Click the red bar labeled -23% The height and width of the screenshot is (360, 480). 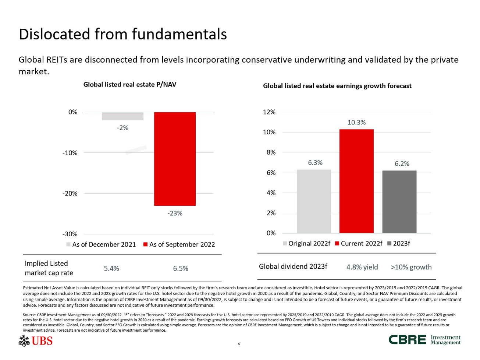tap(175, 159)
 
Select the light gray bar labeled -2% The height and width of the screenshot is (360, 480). tap(122, 116)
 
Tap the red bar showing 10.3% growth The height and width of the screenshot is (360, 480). tap(356, 181)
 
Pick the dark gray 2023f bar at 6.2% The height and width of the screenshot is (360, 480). tap(399, 202)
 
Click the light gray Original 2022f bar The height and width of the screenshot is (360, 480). tap(314, 201)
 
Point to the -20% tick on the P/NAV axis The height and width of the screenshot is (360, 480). tap(70, 194)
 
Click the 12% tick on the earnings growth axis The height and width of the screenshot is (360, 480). tap(269, 112)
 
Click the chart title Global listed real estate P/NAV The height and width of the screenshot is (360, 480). tap(130, 85)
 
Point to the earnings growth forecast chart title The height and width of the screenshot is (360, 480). tap(337, 86)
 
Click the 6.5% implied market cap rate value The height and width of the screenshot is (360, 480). tap(181, 268)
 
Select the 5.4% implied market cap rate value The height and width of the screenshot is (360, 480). tap(111, 268)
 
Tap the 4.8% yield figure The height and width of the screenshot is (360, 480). tap(362, 267)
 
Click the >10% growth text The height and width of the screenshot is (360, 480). tap(411, 267)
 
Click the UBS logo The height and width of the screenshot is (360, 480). tap(36, 341)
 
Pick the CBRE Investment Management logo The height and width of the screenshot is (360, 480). tap(424, 340)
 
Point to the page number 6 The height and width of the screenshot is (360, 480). tap(239, 344)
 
